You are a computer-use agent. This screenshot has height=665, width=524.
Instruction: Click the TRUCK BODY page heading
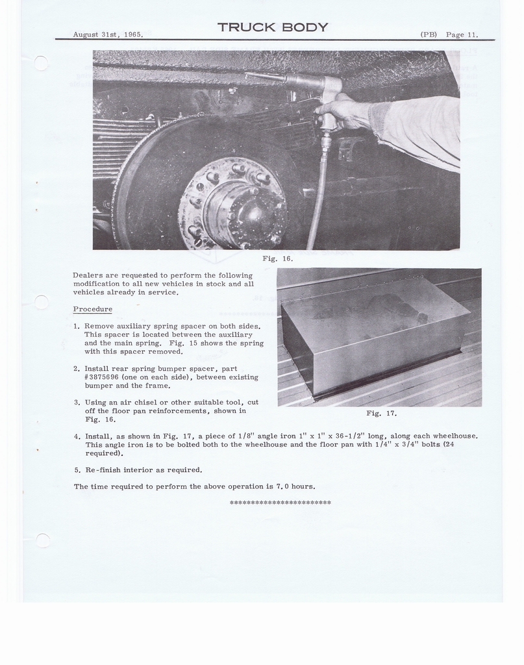tap(273, 27)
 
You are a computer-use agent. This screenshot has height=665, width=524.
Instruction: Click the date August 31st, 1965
tap(108, 34)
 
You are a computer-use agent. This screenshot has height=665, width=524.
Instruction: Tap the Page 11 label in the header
tap(462, 34)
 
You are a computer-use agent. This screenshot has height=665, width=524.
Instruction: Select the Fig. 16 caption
tap(277, 258)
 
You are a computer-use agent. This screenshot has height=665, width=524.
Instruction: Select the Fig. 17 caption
tap(381, 413)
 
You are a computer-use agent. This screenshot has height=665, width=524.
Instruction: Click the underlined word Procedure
tap(92, 309)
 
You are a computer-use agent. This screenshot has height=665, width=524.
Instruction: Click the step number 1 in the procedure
tap(76, 326)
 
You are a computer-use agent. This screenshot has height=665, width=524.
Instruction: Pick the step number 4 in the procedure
tap(77, 436)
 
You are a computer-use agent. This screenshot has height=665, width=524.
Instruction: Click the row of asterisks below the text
tap(280, 503)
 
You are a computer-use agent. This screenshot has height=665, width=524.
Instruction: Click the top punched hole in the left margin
tap(41, 63)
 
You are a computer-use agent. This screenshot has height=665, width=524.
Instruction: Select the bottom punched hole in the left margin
tap(43, 540)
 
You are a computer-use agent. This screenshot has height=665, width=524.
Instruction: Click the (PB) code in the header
tap(429, 34)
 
